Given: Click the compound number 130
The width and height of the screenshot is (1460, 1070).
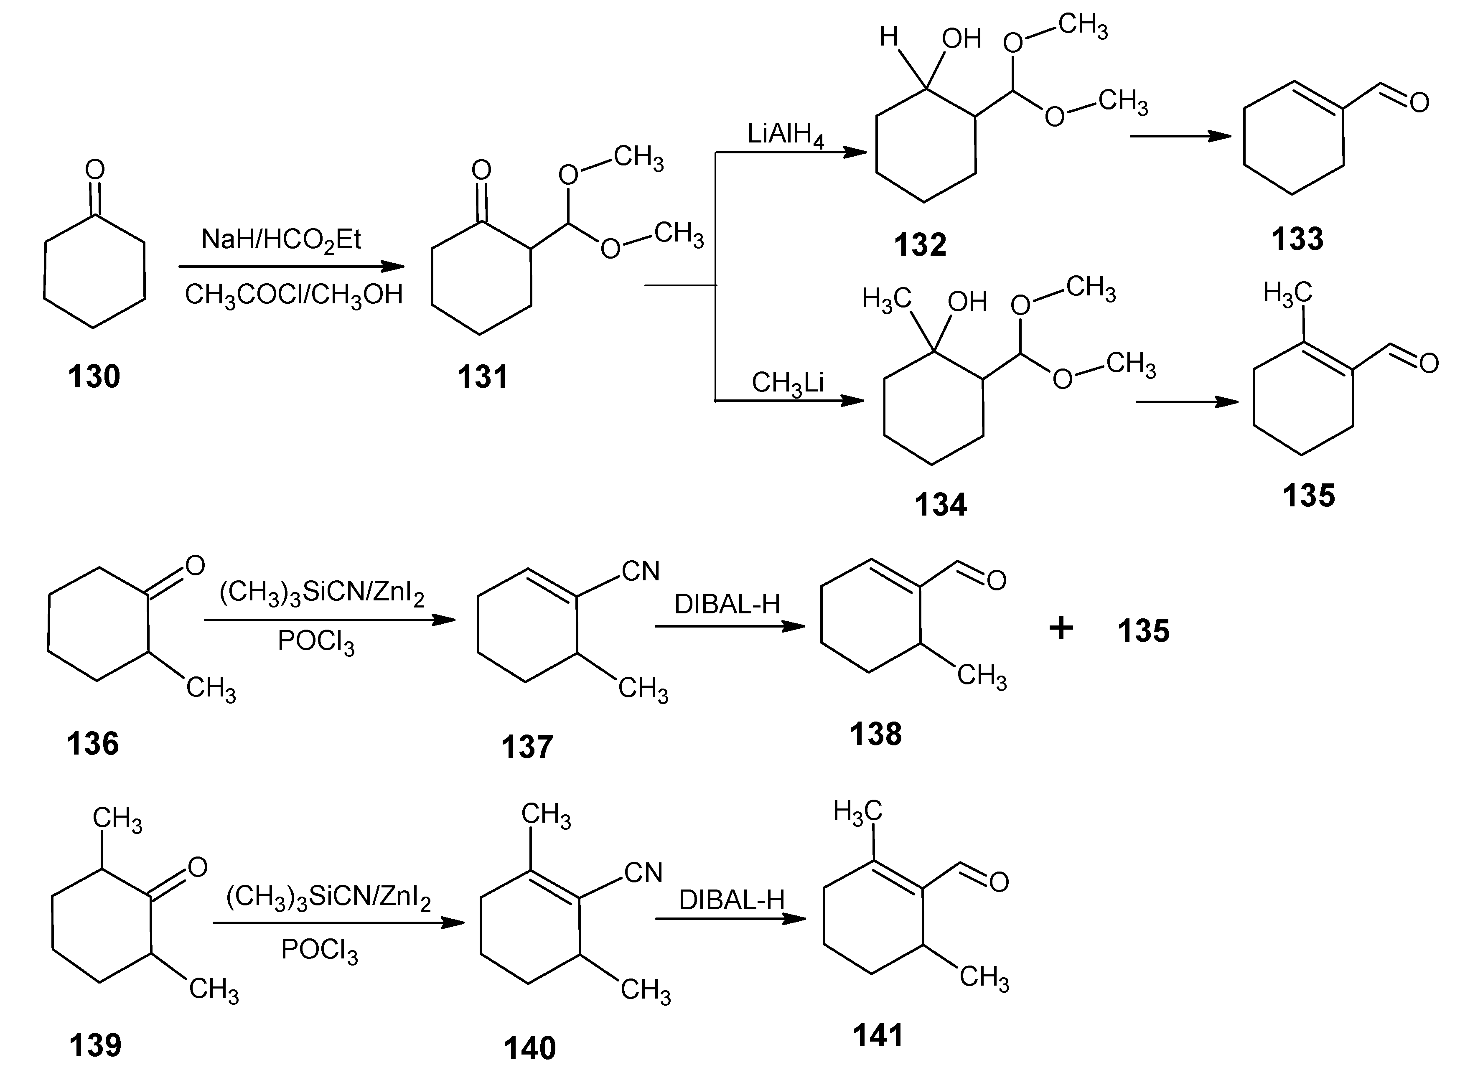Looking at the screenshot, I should tap(94, 376).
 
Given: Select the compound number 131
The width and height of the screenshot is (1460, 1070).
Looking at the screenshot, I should tap(483, 376).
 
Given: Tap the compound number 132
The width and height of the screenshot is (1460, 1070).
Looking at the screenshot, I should tap(920, 245).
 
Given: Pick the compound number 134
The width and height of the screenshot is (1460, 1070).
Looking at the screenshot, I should tap(940, 505).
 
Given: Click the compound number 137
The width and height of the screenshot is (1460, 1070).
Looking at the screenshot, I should tap(527, 746).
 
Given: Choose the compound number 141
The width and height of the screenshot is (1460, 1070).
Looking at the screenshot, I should tap(878, 1035).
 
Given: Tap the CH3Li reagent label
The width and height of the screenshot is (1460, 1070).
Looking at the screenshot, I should tap(787, 383).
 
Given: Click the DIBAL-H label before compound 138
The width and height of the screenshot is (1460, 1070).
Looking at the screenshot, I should tap(727, 604).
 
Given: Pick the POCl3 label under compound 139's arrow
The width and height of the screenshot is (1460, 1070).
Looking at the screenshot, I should tap(319, 950).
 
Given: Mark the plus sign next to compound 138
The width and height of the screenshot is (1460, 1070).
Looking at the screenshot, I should tap(1061, 628).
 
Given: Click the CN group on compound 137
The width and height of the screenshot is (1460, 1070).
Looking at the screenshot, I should tap(640, 571).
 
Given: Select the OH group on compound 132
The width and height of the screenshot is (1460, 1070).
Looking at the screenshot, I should tap(961, 39).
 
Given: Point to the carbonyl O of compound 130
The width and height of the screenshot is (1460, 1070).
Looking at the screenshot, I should tap(94, 170).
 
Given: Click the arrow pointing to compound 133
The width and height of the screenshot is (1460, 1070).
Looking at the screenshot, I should tap(1180, 136).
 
